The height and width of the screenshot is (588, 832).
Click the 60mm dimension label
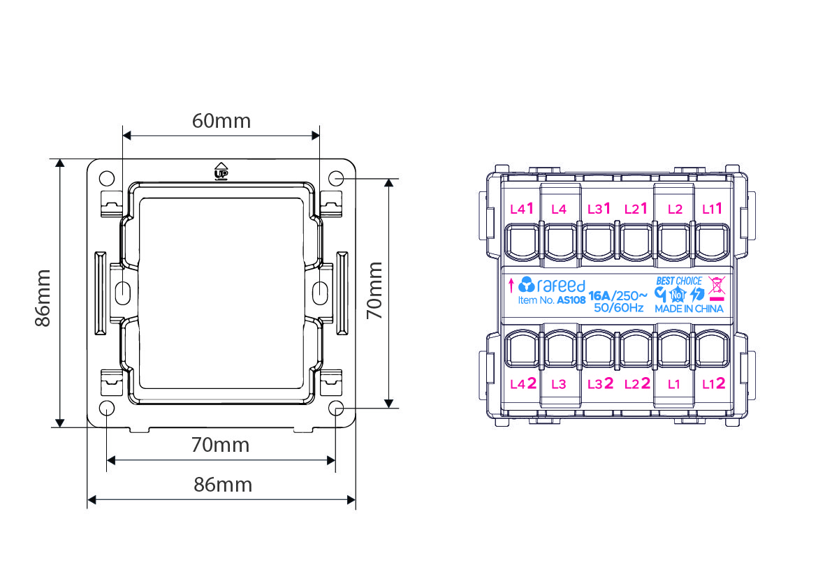coord(221,121)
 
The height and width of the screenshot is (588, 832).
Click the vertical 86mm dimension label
coord(43,298)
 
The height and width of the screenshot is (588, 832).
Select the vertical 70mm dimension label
coord(375,291)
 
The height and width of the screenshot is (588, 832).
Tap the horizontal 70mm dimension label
coord(220,445)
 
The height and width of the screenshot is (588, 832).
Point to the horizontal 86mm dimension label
coord(223,485)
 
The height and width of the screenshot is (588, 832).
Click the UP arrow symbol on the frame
coord(221,171)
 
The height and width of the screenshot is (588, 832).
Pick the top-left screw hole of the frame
coord(107,178)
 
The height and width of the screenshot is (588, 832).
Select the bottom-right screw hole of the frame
coord(337,409)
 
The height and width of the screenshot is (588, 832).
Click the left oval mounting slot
coord(122,293)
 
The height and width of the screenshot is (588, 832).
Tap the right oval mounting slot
coord(320,293)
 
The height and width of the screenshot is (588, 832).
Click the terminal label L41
coord(522,209)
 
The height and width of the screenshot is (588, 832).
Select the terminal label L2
coord(675,210)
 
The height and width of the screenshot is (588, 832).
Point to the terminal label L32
coord(600,383)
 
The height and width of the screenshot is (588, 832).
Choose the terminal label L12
coord(714,383)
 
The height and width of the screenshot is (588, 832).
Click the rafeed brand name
coord(561,286)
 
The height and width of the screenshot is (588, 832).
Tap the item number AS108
coord(571,300)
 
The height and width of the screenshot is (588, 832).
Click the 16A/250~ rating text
coord(618,295)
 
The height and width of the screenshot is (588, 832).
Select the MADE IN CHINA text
coord(689,309)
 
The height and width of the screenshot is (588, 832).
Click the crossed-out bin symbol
coord(716,286)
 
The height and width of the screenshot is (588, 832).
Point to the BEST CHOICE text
coord(678,281)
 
